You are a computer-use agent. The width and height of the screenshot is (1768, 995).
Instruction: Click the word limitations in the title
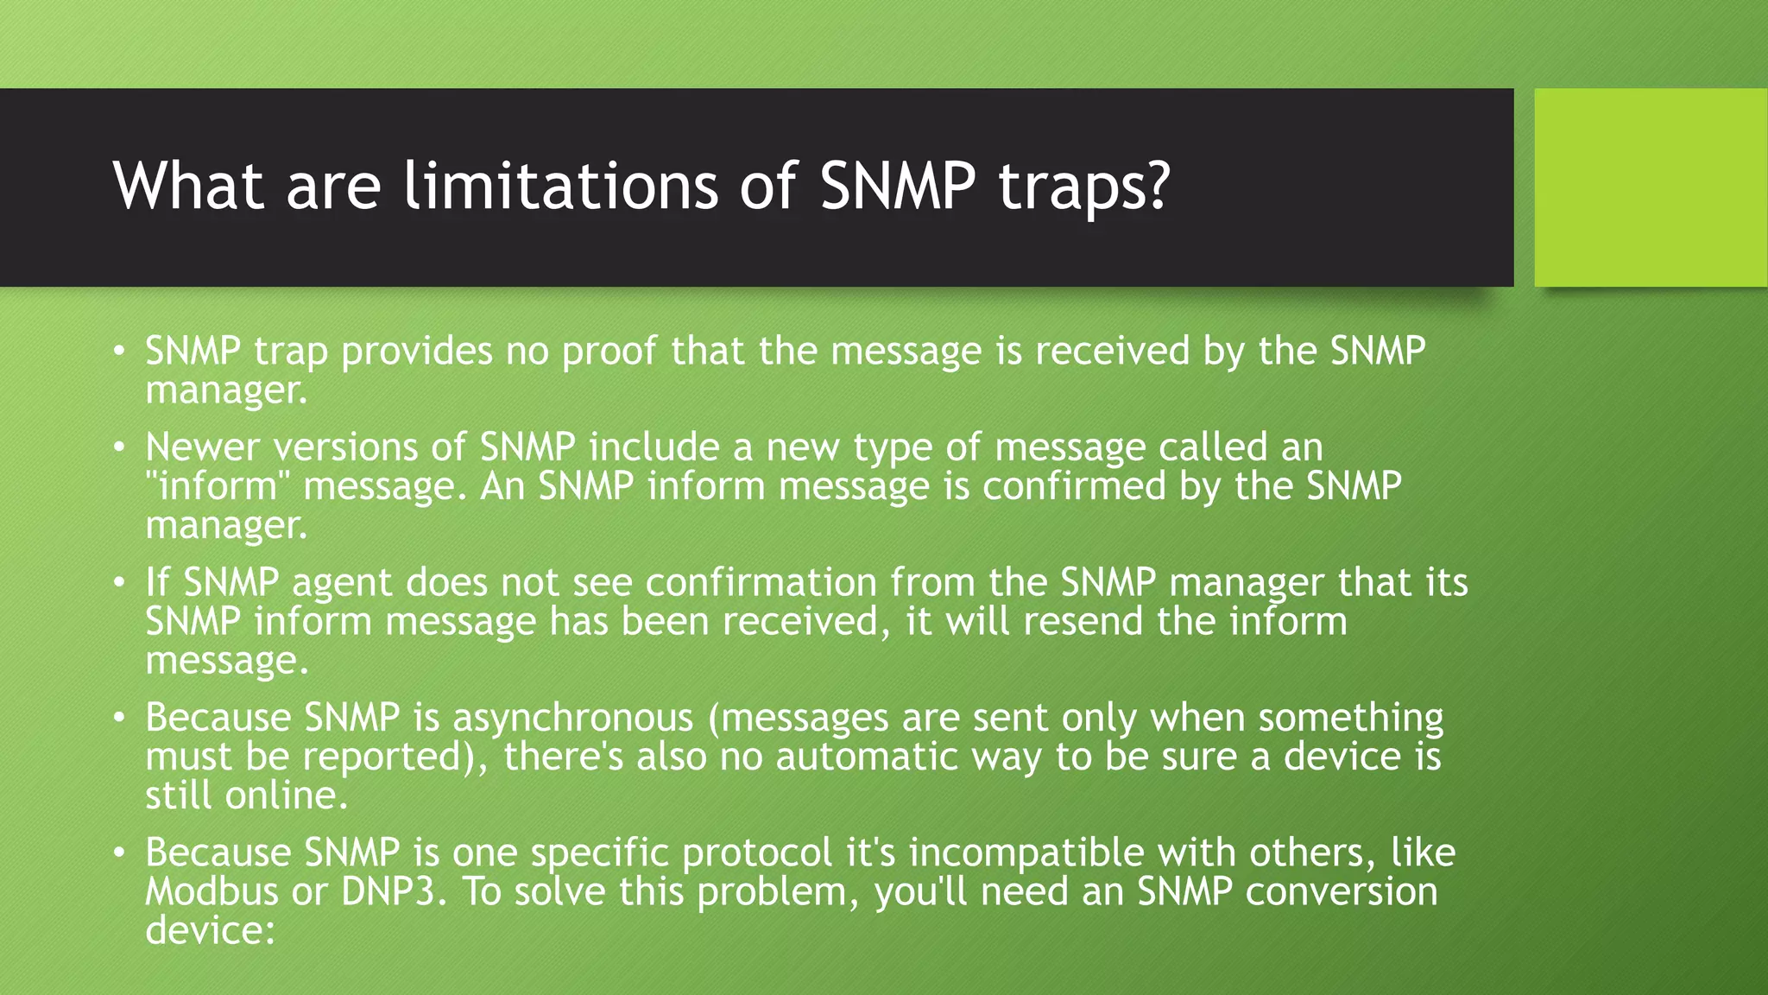point(561,186)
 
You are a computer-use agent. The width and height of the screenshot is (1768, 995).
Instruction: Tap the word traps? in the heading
point(1084,187)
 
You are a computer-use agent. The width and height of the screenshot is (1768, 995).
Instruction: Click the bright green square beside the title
point(1650,187)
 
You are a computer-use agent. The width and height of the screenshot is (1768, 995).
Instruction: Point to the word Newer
point(202,447)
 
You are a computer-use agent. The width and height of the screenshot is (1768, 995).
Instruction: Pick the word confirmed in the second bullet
point(1074,486)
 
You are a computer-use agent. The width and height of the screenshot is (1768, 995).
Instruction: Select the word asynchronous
point(572,718)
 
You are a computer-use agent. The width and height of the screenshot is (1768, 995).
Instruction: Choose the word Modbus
point(212,892)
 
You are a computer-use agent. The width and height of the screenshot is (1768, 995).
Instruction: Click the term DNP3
point(394,892)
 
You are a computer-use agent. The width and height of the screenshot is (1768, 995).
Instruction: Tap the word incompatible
point(1026,853)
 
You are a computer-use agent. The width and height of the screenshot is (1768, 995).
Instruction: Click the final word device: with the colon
point(210,931)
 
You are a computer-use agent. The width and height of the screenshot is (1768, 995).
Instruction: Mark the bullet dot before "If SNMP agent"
point(120,583)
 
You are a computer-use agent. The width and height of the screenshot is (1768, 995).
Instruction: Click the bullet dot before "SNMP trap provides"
point(120,352)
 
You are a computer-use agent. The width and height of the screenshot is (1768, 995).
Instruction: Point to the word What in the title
point(188,186)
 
